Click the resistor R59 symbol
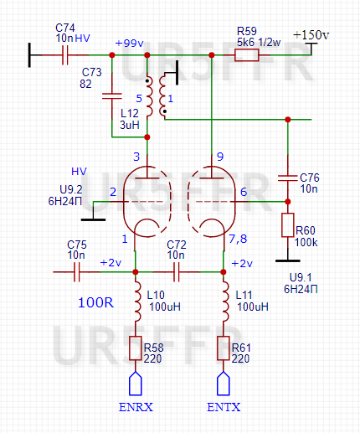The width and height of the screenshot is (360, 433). pyautogui.click(x=246, y=55)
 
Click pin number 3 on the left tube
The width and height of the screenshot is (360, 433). pyautogui.click(x=136, y=157)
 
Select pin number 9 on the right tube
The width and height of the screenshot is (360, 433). pyautogui.click(x=220, y=157)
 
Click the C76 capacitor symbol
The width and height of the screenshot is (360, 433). pyautogui.click(x=287, y=177)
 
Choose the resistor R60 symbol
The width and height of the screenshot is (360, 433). pyautogui.click(x=287, y=225)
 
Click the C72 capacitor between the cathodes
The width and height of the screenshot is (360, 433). pyautogui.click(x=177, y=271)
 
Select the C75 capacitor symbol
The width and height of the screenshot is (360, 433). pyautogui.click(x=77, y=271)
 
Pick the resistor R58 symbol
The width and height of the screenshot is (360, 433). pyautogui.click(x=138, y=348)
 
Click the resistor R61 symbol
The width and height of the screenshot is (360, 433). pyautogui.click(x=224, y=348)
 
